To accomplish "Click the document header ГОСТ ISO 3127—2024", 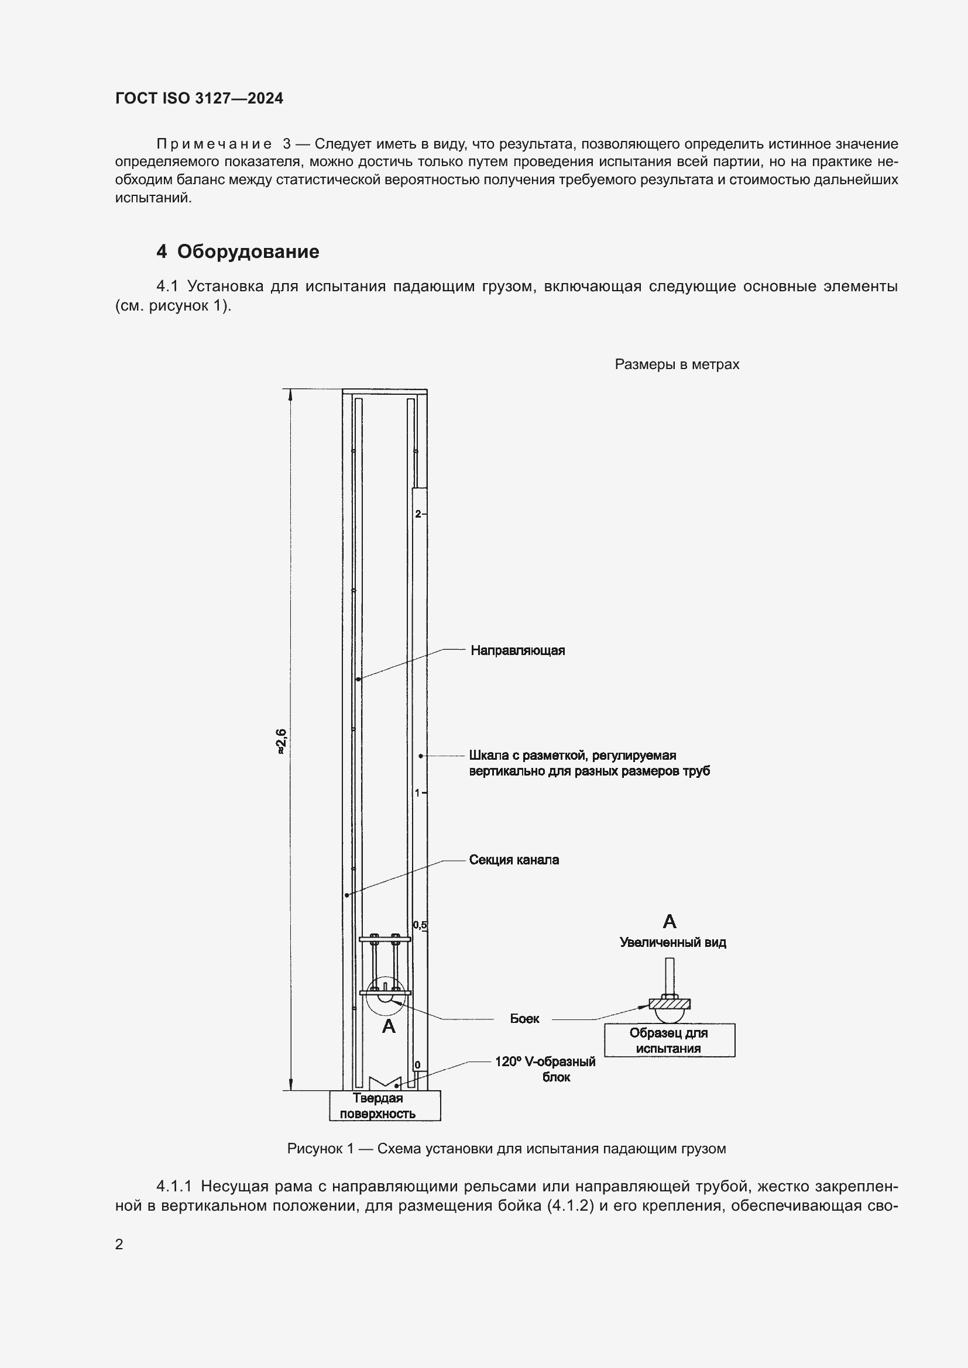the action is [x=199, y=98].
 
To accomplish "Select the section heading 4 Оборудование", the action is [x=237, y=251].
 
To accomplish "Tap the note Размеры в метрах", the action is [x=677, y=364].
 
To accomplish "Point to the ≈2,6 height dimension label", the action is [x=282, y=741].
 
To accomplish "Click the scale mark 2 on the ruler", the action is [x=418, y=514].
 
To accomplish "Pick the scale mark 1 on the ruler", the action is [x=417, y=792].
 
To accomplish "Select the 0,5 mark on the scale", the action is [x=420, y=925].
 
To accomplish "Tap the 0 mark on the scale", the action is [x=417, y=1064].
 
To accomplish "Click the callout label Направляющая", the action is [x=517, y=650].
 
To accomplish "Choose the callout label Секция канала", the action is [x=514, y=860].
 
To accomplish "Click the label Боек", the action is [x=524, y=1018].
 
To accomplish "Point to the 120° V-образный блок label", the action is [x=545, y=1069].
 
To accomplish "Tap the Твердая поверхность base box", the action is [x=385, y=1106].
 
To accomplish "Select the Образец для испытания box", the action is [x=669, y=1040].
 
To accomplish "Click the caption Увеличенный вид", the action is [x=672, y=942].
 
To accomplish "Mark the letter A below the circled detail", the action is [x=389, y=1026].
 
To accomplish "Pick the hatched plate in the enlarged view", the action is [x=670, y=1004].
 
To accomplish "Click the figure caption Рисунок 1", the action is [x=506, y=1148].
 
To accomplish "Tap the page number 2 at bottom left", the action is [x=119, y=1244].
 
